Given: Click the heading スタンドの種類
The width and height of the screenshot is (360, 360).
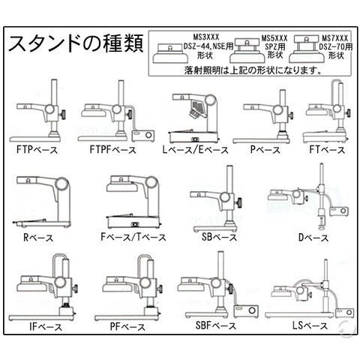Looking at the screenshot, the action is click(x=76, y=43).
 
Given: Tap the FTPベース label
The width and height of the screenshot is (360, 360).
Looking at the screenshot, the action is click(x=37, y=150).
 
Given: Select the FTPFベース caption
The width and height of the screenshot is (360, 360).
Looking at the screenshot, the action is click(x=113, y=150).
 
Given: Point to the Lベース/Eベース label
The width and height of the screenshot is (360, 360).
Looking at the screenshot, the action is click(x=196, y=150).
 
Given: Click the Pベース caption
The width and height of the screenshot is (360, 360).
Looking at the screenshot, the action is click(x=265, y=150).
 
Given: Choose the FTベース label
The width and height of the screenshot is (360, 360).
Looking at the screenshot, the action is click(x=327, y=150).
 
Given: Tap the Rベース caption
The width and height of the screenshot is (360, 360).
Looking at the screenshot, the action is click(x=38, y=238).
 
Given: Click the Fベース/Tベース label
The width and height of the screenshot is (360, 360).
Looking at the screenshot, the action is click(x=133, y=237).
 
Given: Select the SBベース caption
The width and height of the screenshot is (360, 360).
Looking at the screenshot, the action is click(x=219, y=237).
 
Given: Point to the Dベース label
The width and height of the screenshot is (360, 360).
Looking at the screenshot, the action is click(x=313, y=238).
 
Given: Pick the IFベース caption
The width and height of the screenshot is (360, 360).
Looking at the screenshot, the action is click(x=46, y=327).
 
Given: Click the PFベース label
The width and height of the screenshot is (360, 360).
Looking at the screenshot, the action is click(x=127, y=327).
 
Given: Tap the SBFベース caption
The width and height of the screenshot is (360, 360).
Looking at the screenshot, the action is click(x=216, y=325).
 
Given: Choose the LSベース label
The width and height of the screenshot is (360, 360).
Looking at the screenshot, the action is click(x=310, y=325).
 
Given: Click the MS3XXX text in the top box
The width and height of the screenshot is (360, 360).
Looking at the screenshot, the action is click(x=205, y=37).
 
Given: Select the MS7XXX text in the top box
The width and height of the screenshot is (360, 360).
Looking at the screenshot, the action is click(x=334, y=38).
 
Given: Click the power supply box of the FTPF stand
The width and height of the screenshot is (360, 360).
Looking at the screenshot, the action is click(x=143, y=136).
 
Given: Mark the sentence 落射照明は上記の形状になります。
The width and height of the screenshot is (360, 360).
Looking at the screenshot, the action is click(x=253, y=70).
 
